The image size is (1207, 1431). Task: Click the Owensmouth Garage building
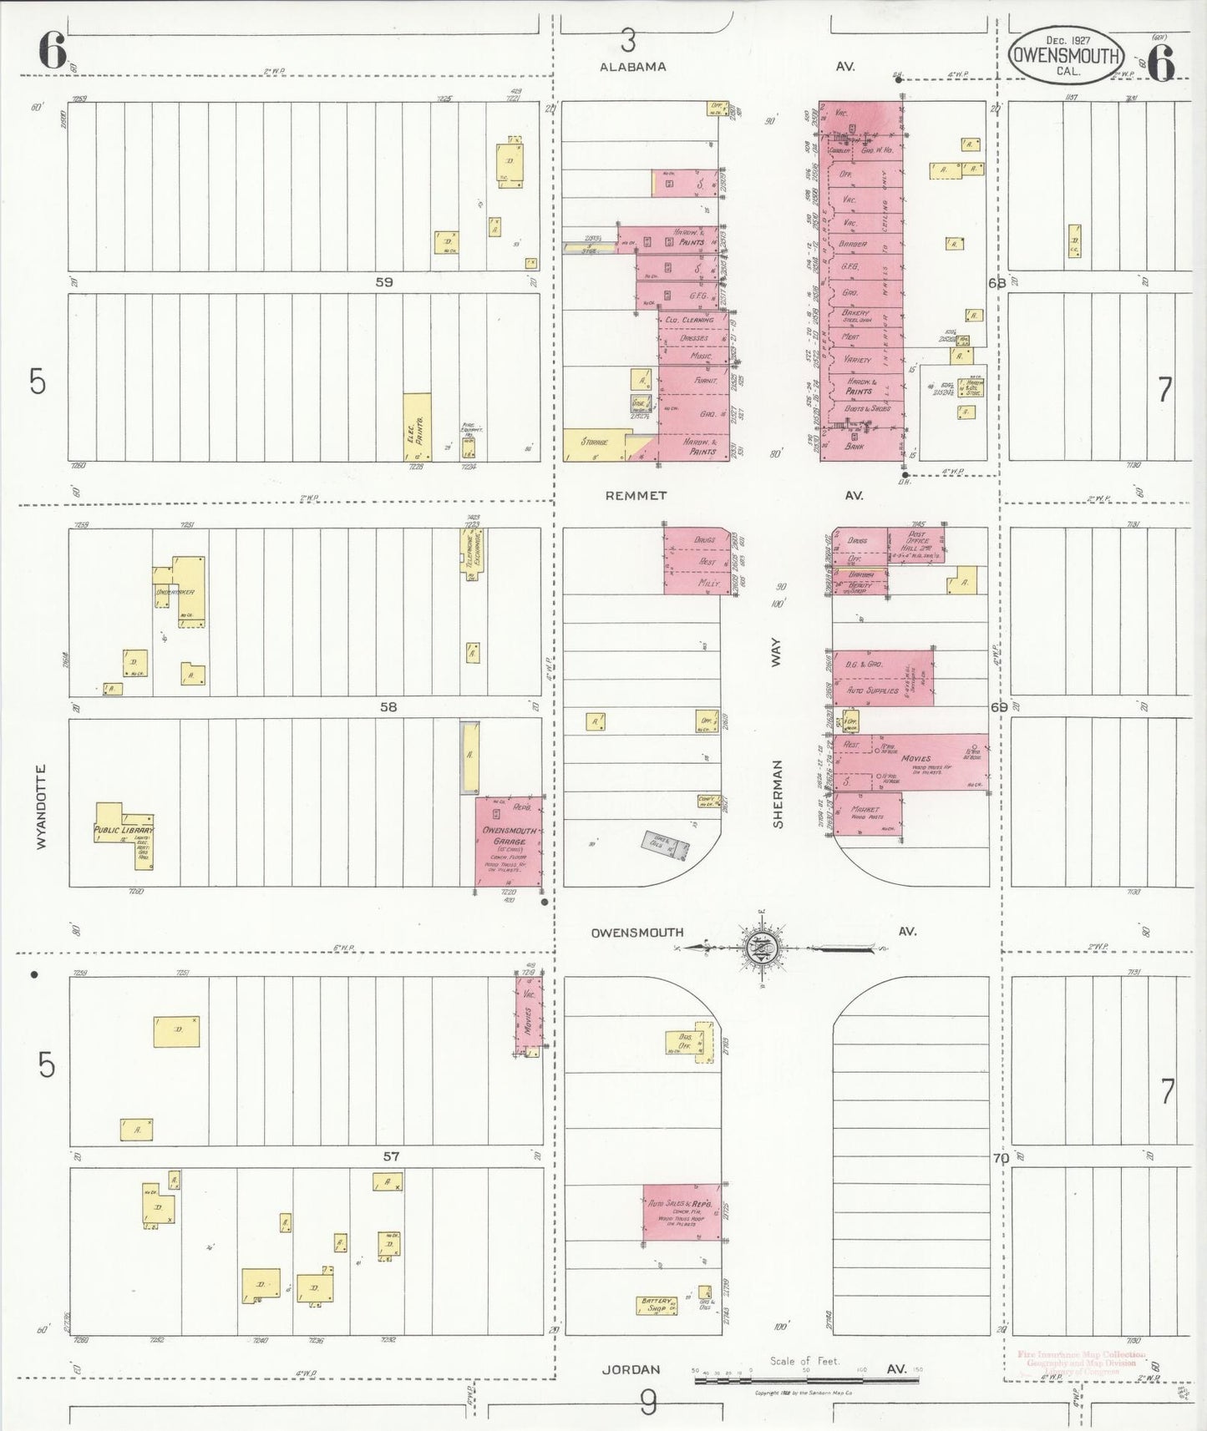508,841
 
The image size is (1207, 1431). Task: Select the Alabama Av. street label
632,67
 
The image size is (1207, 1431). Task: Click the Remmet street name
636,495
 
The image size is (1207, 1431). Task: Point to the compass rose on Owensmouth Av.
763,947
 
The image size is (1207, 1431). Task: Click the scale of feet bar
806,1380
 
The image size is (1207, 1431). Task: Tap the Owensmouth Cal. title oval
1066,56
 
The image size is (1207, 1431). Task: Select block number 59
383,282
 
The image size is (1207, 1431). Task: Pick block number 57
391,1156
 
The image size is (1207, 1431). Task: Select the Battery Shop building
657,1304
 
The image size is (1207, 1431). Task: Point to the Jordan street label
631,1369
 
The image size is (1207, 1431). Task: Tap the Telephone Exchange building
473,551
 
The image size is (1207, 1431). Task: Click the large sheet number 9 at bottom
647,1403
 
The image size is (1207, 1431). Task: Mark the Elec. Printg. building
417,427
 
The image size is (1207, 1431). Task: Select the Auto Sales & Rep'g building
682,1211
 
